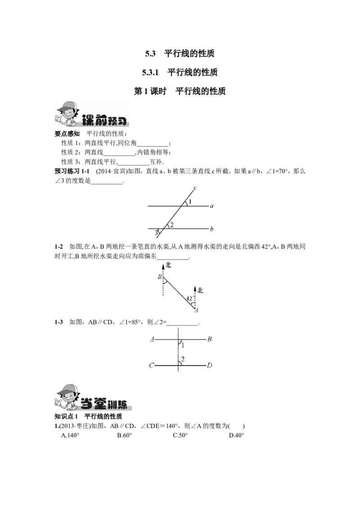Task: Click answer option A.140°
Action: [x=70, y=435]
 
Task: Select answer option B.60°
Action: [x=125, y=435]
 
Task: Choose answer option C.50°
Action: [x=180, y=435]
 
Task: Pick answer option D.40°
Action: [x=237, y=435]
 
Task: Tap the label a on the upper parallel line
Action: [x=212, y=206]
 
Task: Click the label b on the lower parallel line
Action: [x=211, y=229]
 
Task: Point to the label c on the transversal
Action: [x=195, y=188]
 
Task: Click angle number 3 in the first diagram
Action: [x=156, y=232]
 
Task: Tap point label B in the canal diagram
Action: [x=160, y=277]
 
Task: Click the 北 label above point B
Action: [x=168, y=265]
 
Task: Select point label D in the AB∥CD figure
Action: [x=210, y=366]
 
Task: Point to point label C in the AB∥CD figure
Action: [x=151, y=366]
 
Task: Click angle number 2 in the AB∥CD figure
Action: [x=183, y=359]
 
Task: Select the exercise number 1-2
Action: [x=59, y=247]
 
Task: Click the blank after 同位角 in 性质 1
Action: [x=153, y=143]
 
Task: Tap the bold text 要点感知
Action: [x=67, y=134]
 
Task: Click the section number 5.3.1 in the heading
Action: [x=150, y=72]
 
